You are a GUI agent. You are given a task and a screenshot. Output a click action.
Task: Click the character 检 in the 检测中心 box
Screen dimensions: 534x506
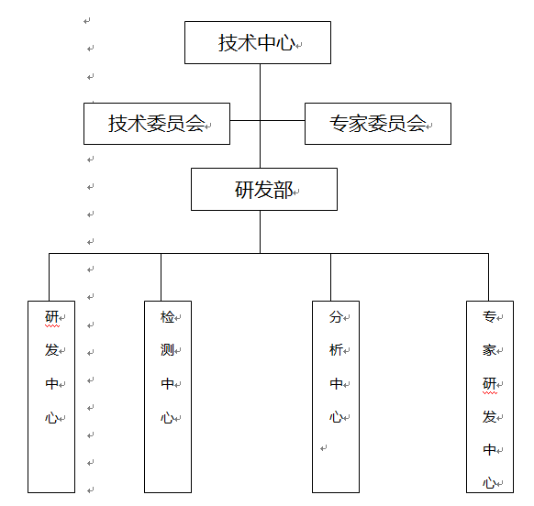coord(167,317)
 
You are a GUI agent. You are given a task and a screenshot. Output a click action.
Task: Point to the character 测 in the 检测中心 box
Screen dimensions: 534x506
coord(167,350)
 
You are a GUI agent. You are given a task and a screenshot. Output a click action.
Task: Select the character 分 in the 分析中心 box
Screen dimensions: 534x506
coord(336,317)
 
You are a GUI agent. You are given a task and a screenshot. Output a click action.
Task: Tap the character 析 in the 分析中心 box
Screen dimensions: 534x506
coord(336,350)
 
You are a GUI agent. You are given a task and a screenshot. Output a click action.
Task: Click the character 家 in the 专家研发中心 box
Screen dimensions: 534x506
coord(489,350)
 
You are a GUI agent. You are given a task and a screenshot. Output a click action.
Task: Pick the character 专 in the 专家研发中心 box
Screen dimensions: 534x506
coord(489,317)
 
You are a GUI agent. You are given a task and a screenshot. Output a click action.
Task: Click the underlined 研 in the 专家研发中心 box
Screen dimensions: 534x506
coord(489,384)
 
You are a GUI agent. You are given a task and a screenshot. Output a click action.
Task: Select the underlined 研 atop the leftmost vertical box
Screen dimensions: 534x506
coord(51,317)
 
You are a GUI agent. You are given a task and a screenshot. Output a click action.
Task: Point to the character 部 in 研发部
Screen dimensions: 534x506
coord(284,190)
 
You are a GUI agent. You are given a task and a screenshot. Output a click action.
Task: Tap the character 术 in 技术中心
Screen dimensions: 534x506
coord(247,43)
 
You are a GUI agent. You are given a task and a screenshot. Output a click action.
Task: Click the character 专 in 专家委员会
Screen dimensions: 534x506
coord(339,123)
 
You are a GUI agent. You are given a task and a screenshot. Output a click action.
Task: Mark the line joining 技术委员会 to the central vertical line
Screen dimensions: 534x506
coord(245,120)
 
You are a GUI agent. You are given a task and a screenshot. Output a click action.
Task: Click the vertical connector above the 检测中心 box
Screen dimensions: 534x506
coord(161,277)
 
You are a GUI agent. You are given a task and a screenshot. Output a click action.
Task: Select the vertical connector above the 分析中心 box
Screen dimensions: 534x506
coord(330,277)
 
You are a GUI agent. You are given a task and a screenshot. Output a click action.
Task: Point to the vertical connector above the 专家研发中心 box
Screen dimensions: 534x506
coord(489,277)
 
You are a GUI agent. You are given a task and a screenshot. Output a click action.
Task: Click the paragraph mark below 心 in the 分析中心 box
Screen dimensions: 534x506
coord(324,448)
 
